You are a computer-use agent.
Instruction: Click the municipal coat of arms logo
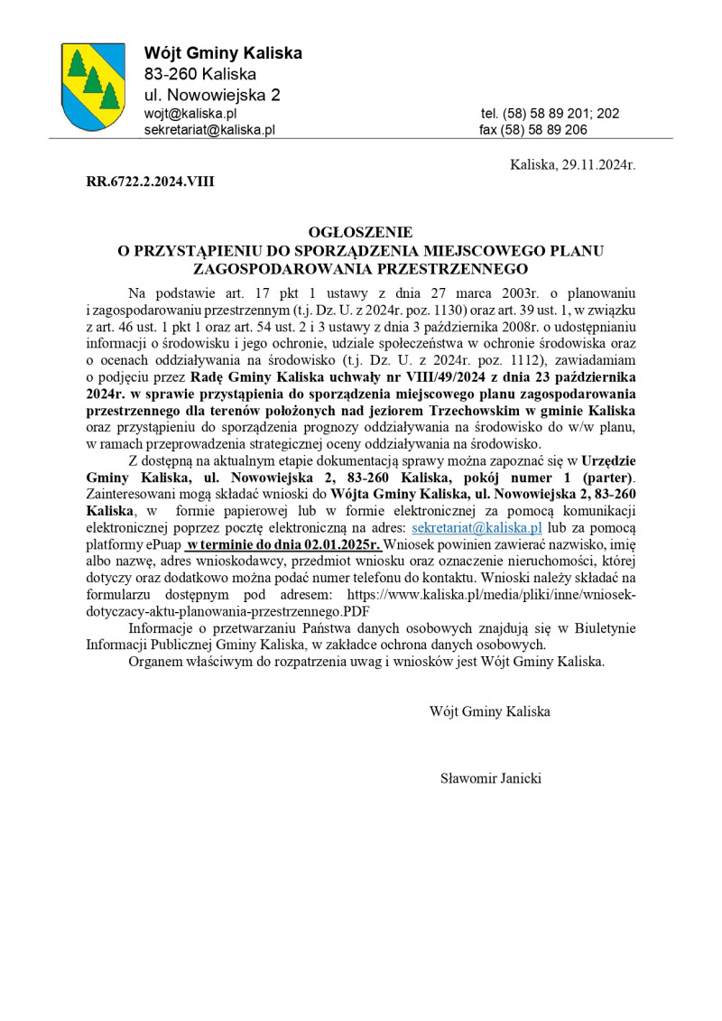92,87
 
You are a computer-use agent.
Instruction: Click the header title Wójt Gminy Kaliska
223,53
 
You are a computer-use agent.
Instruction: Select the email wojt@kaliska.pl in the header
190,114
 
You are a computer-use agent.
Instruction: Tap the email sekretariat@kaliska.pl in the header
209,130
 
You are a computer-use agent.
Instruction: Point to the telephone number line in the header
550,114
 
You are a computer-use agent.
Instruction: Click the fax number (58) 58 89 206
533,130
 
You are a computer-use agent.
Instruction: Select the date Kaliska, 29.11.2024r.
572,165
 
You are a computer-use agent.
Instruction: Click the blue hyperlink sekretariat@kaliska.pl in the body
477,528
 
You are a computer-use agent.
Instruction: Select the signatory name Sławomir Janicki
491,777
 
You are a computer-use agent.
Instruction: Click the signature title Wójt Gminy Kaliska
490,711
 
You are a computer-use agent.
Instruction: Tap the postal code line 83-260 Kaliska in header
200,74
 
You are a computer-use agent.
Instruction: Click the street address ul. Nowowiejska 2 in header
212,95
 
